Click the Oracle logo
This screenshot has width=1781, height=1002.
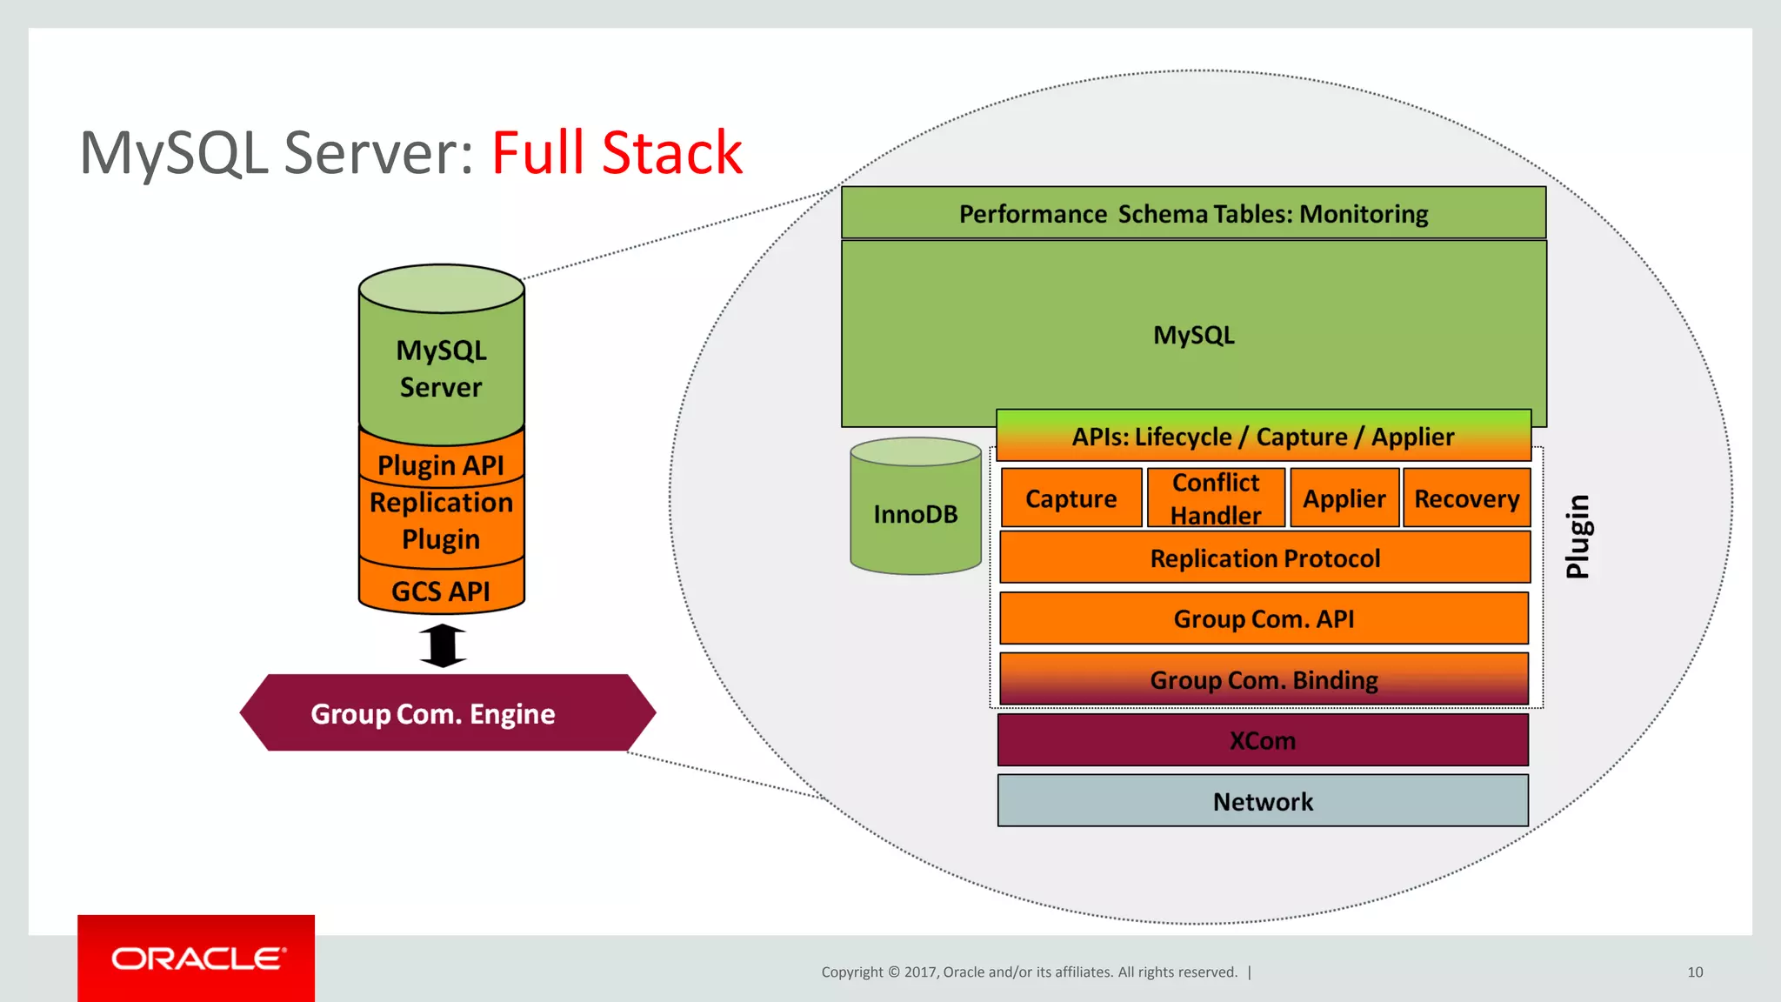tap(197, 958)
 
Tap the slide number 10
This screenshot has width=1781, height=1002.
tap(1694, 972)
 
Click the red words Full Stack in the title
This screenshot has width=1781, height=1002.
tap(617, 153)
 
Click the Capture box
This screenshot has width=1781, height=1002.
tap(1071, 498)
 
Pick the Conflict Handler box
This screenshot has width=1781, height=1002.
tap(1215, 498)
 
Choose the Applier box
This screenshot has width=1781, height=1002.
tap(1344, 498)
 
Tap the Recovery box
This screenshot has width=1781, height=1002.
tap(1466, 498)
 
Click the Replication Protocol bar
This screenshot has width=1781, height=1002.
tap(1264, 558)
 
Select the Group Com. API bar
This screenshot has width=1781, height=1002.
tap(1264, 618)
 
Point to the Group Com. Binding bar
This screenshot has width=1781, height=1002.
tap(1264, 679)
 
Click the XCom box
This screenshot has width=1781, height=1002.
tap(1263, 740)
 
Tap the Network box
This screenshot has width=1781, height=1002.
tap(1263, 801)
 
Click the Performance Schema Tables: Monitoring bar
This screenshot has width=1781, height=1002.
tap(1193, 213)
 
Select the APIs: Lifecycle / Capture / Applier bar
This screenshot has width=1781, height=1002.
tap(1263, 436)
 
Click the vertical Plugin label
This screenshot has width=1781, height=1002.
tap(1578, 536)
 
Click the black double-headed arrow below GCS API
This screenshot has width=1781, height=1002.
tap(443, 645)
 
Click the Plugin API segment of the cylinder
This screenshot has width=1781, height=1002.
tap(441, 464)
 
